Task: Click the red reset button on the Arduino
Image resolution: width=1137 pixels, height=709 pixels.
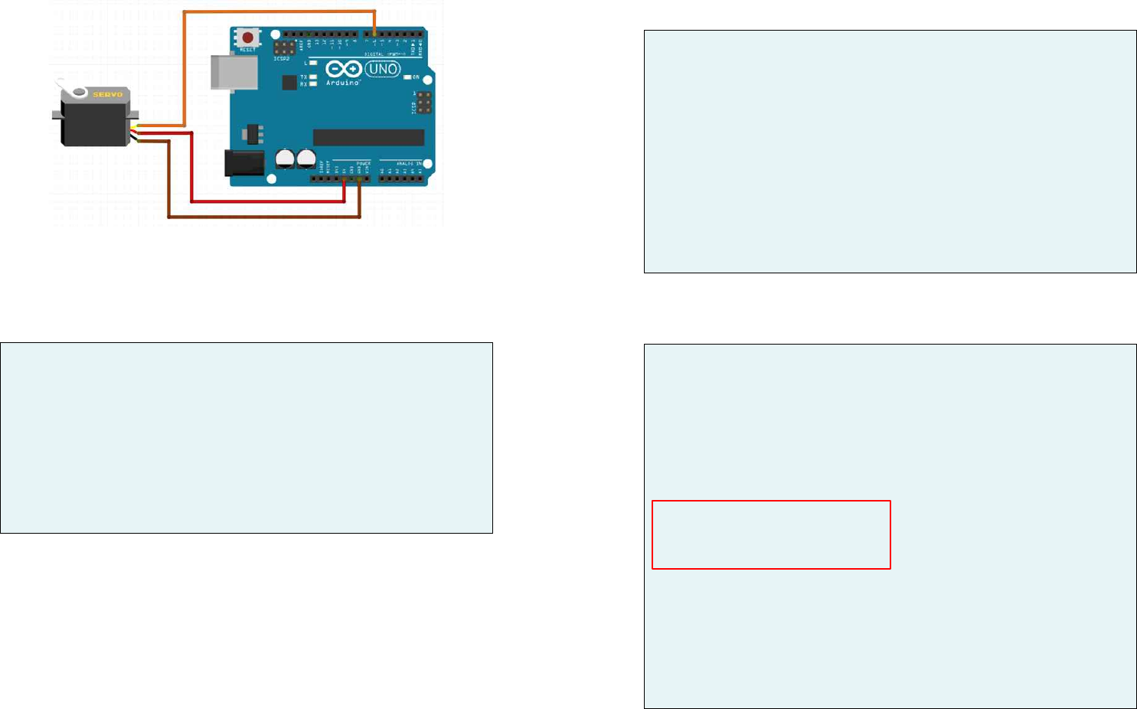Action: (x=247, y=38)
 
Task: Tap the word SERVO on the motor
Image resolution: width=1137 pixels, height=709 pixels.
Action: (x=108, y=95)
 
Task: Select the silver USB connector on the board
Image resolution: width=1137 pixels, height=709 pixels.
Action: (x=234, y=72)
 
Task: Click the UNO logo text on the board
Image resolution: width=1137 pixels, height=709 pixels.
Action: (x=382, y=69)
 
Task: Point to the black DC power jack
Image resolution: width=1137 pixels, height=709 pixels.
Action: (x=243, y=163)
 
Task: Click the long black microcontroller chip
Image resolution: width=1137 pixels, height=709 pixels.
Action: (x=368, y=137)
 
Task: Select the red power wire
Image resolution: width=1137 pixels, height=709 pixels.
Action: (x=268, y=201)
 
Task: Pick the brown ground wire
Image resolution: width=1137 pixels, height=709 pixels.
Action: (x=260, y=217)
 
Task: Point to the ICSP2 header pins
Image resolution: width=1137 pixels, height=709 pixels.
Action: (x=285, y=48)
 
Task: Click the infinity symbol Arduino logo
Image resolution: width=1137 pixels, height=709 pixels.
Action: (x=348, y=70)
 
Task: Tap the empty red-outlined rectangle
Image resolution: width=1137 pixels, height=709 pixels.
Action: (x=771, y=534)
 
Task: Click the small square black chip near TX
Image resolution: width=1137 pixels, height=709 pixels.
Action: (x=289, y=83)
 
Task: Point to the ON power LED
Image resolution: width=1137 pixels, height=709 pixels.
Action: (x=408, y=77)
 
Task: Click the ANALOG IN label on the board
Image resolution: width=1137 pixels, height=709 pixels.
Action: (x=409, y=163)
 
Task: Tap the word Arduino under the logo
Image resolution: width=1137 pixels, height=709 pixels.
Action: (x=342, y=82)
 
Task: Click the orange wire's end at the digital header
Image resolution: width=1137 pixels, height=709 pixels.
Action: (x=374, y=34)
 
